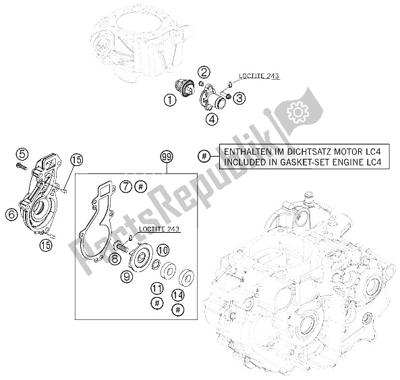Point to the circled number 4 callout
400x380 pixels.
coord(194,121)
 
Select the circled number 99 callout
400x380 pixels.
coord(167,157)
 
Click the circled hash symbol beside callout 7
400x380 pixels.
coord(140,186)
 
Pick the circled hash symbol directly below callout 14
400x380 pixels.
coord(178,308)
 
